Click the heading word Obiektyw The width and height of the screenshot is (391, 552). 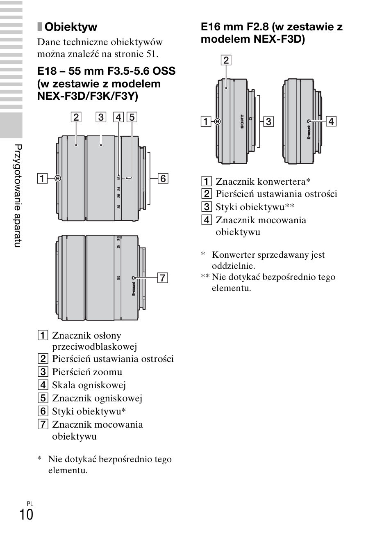click(70, 27)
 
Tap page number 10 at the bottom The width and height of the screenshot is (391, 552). click(26, 514)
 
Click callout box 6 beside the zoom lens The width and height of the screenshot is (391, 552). click(163, 179)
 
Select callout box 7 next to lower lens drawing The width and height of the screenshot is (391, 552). click(163, 278)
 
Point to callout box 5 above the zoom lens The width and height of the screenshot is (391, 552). click(132, 117)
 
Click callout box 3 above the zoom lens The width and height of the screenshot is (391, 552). click(101, 117)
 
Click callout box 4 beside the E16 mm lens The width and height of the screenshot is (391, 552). click(331, 121)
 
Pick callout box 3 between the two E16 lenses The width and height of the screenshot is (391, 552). click(268, 121)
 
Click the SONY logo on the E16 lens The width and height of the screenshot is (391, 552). click(242, 122)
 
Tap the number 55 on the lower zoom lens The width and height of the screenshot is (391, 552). click(118, 278)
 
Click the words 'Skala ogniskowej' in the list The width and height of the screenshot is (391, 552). click(89, 385)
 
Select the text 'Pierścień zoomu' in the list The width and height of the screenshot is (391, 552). click(87, 372)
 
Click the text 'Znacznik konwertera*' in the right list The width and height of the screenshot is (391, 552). click(263, 181)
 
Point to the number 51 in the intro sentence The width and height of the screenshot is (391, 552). click(152, 54)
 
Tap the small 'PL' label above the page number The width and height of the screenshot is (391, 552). click(30, 504)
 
